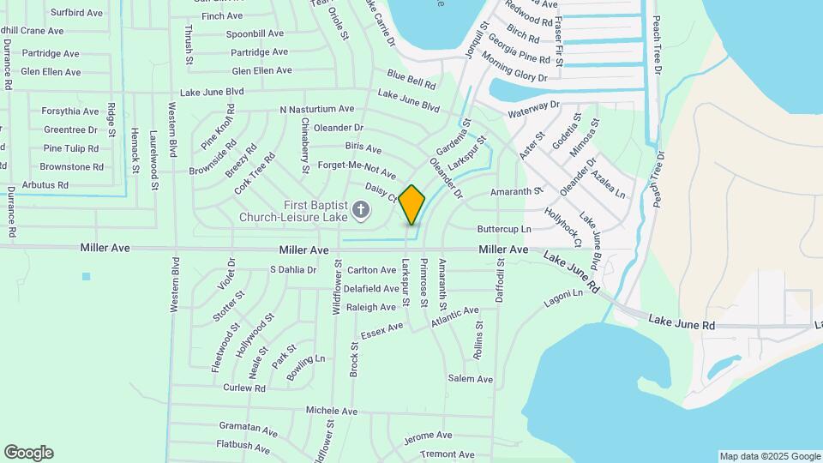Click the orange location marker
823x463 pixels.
click(412, 204)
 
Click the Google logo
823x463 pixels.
click(28, 453)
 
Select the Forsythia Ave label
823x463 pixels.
click(70, 111)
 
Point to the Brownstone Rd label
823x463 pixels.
click(71, 167)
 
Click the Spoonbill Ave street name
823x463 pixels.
click(255, 33)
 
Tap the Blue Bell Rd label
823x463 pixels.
click(411, 80)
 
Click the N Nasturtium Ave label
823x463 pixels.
click(316, 110)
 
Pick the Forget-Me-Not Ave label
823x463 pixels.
click(357, 169)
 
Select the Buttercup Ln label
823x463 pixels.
click(504, 230)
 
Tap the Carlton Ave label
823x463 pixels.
click(372, 270)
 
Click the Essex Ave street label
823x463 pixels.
click(381, 329)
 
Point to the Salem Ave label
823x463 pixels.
click(470, 379)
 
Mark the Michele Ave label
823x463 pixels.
click(331, 412)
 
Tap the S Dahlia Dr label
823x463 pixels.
click(293, 269)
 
